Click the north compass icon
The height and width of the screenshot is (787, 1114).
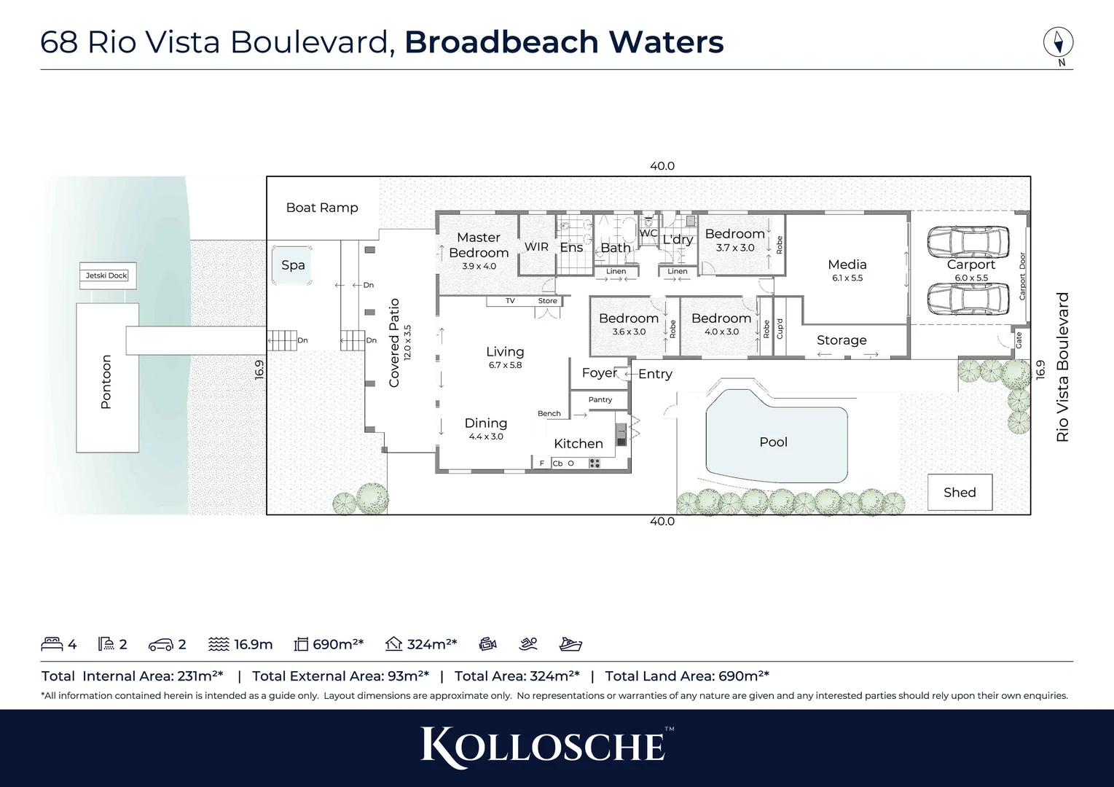[1058, 42]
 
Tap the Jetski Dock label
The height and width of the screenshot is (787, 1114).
[107, 275]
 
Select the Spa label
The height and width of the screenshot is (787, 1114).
[293, 265]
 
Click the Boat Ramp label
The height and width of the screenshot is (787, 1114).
[322, 208]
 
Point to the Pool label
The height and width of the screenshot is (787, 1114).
[773, 442]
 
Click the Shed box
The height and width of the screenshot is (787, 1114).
[960, 493]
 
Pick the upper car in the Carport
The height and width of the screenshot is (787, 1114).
[968, 240]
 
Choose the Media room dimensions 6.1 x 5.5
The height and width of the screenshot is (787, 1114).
[847, 278]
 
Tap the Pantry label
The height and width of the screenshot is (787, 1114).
[600, 399]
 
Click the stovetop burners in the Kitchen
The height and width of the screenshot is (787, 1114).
[595, 463]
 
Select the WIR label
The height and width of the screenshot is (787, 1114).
[536, 247]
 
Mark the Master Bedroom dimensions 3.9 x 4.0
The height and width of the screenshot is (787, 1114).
[479, 266]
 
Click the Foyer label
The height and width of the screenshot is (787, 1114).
[600, 373]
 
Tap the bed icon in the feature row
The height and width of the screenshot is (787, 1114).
[52, 644]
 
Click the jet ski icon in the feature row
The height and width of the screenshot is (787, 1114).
[570, 644]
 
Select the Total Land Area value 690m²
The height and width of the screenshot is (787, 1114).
[743, 676]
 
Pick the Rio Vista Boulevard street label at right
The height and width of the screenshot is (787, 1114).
[1062, 367]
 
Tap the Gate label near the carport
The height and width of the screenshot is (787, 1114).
[1019, 340]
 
